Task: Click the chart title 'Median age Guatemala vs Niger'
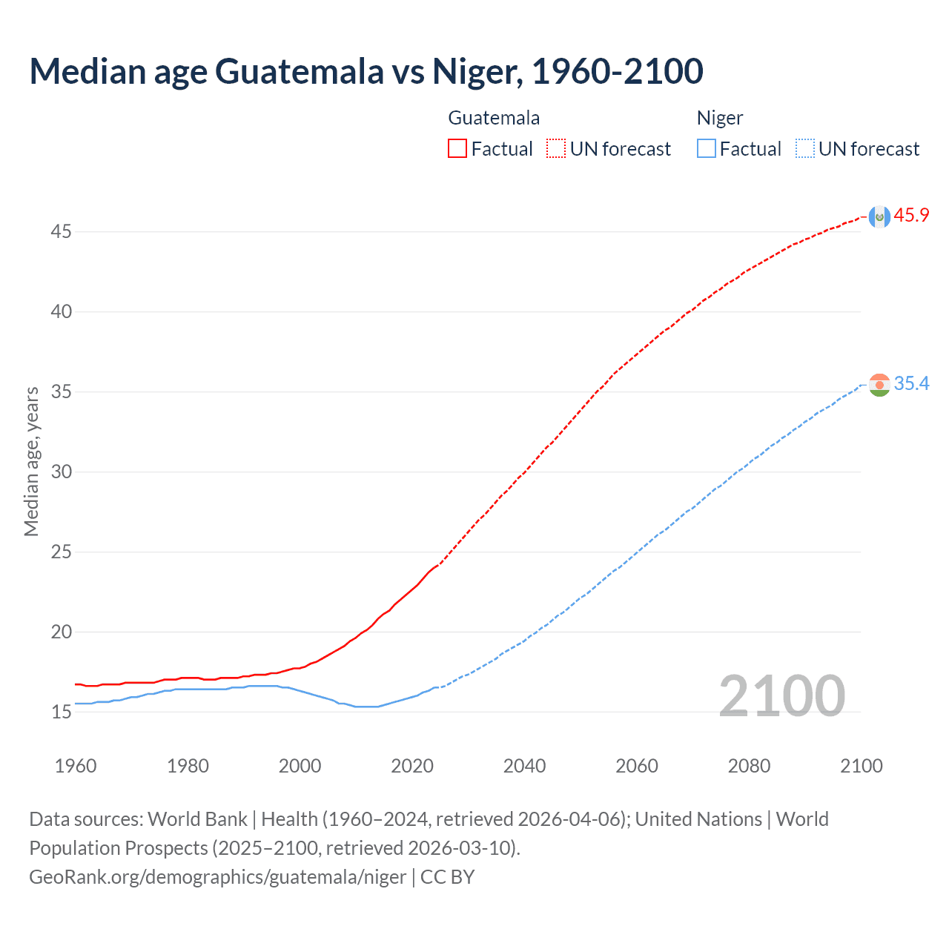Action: tap(366, 71)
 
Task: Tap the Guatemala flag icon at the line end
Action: tap(879, 216)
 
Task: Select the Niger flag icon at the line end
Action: tap(879, 385)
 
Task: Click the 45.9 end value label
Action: tap(911, 216)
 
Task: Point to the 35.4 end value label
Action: tap(911, 383)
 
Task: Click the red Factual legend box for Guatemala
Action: tap(457, 149)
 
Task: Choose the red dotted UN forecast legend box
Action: tap(556, 149)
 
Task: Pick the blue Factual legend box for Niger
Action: tap(707, 149)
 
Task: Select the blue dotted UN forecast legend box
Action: tap(805, 149)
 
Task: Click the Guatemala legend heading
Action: tap(494, 118)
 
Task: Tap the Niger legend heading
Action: tap(719, 118)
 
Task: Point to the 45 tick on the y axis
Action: tap(61, 232)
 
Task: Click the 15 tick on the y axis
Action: tap(61, 712)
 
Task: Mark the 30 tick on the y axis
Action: tap(61, 472)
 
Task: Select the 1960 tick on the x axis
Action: tap(76, 766)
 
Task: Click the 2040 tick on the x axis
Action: tap(524, 766)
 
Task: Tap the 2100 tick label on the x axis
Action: tap(861, 766)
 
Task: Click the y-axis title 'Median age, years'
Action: tap(31, 461)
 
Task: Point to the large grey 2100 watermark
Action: tap(781, 696)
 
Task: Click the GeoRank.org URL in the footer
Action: tap(217, 877)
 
